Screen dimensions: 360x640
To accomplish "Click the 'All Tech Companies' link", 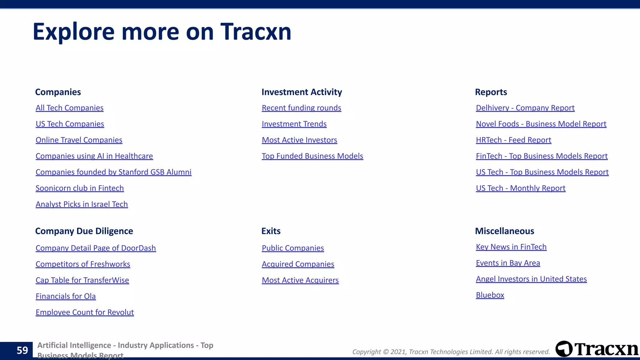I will [x=69, y=108].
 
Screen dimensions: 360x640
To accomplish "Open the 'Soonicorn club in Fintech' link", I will [x=80, y=188].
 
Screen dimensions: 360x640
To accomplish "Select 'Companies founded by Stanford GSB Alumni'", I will [x=113, y=172].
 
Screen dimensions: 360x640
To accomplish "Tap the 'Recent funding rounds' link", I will [x=301, y=108].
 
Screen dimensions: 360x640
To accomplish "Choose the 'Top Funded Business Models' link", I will [x=312, y=156].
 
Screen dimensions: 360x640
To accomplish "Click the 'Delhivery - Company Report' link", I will [x=525, y=108].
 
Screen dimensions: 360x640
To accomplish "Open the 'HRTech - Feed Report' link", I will [x=513, y=140].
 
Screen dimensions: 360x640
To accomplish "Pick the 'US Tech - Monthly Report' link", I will [x=520, y=188].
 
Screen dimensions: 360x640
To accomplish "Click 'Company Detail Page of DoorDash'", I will [x=96, y=248].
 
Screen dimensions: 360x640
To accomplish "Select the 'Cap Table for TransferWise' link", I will [x=82, y=280].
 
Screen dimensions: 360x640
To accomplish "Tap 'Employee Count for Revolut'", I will [x=85, y=312].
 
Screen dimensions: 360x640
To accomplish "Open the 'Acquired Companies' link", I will [x=298, y=264].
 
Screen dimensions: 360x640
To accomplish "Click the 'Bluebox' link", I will [x=490, y=295].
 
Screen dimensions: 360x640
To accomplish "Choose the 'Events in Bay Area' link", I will [x=508, y=263].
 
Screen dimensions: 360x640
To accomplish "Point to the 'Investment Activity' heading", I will [x=302, y=92].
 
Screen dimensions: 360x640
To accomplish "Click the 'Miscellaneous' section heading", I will [x=504, y=231].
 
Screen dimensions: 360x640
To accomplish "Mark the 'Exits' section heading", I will [x=271, y=231].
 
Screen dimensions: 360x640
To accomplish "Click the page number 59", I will [x=22, y=350].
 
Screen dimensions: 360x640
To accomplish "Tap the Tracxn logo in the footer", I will [x=597, y=349].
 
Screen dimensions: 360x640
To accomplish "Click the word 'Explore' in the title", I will [x=74, y=32].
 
